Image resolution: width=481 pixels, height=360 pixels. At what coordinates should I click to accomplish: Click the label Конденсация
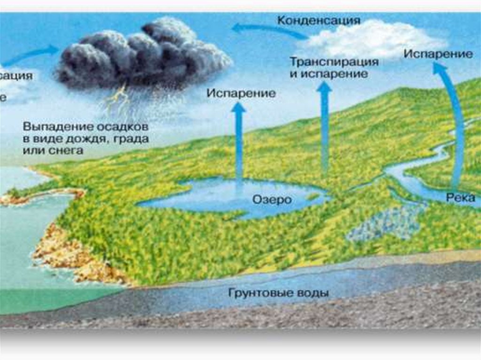point(318,21)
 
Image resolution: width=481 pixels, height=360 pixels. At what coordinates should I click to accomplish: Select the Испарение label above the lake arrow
point(241,93)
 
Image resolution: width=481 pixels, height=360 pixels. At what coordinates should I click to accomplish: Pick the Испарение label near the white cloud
point(438,54)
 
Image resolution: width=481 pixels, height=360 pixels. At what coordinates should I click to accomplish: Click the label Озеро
point(272,199)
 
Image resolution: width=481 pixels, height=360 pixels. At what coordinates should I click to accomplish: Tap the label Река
point(461,198)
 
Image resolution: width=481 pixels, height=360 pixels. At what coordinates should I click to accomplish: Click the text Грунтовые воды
point(279,293)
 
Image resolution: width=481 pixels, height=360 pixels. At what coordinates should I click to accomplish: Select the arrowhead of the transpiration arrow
point(324,88)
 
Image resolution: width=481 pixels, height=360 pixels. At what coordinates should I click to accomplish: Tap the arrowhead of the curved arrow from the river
point(439,69)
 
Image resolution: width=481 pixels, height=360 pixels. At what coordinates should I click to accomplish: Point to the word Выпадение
point(52,127)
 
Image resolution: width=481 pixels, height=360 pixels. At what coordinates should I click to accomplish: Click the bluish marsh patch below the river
point(385,223)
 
